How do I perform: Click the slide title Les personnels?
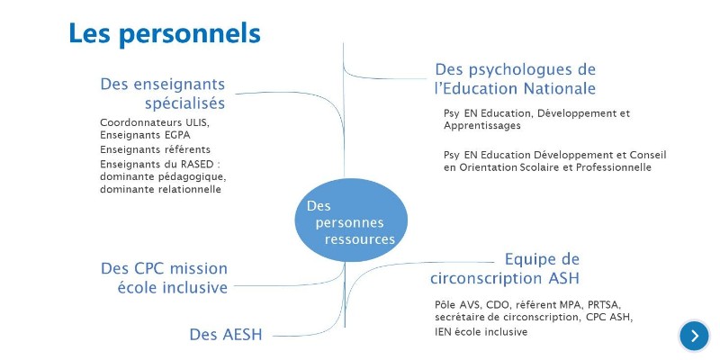(x=165, y=34)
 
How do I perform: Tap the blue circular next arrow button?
(x=694, y=336)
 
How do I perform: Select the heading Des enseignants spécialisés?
(x=162, y=93)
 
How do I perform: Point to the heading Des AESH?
(x=225, y=335)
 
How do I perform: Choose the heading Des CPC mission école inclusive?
(x=164, y=277)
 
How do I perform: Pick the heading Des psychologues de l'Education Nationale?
(x=515, y=78)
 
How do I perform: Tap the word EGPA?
(x=176, y=135)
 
